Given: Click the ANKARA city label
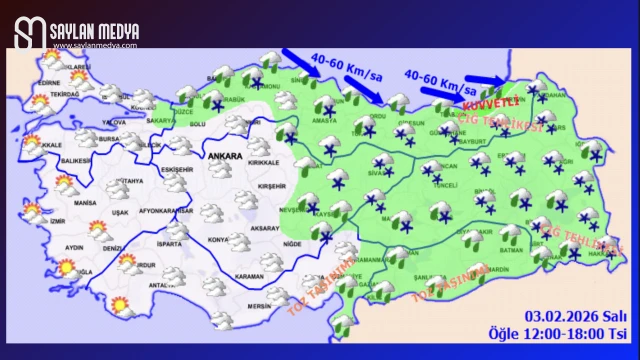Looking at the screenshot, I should coord(224,157).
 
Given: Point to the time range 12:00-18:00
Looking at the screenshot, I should coord(562,333).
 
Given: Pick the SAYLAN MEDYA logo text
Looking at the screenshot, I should coord(95,31).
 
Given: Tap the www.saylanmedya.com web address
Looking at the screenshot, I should coord(94,45).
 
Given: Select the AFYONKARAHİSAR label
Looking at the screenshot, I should coord(164,211).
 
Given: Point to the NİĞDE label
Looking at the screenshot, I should coord(292,244).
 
